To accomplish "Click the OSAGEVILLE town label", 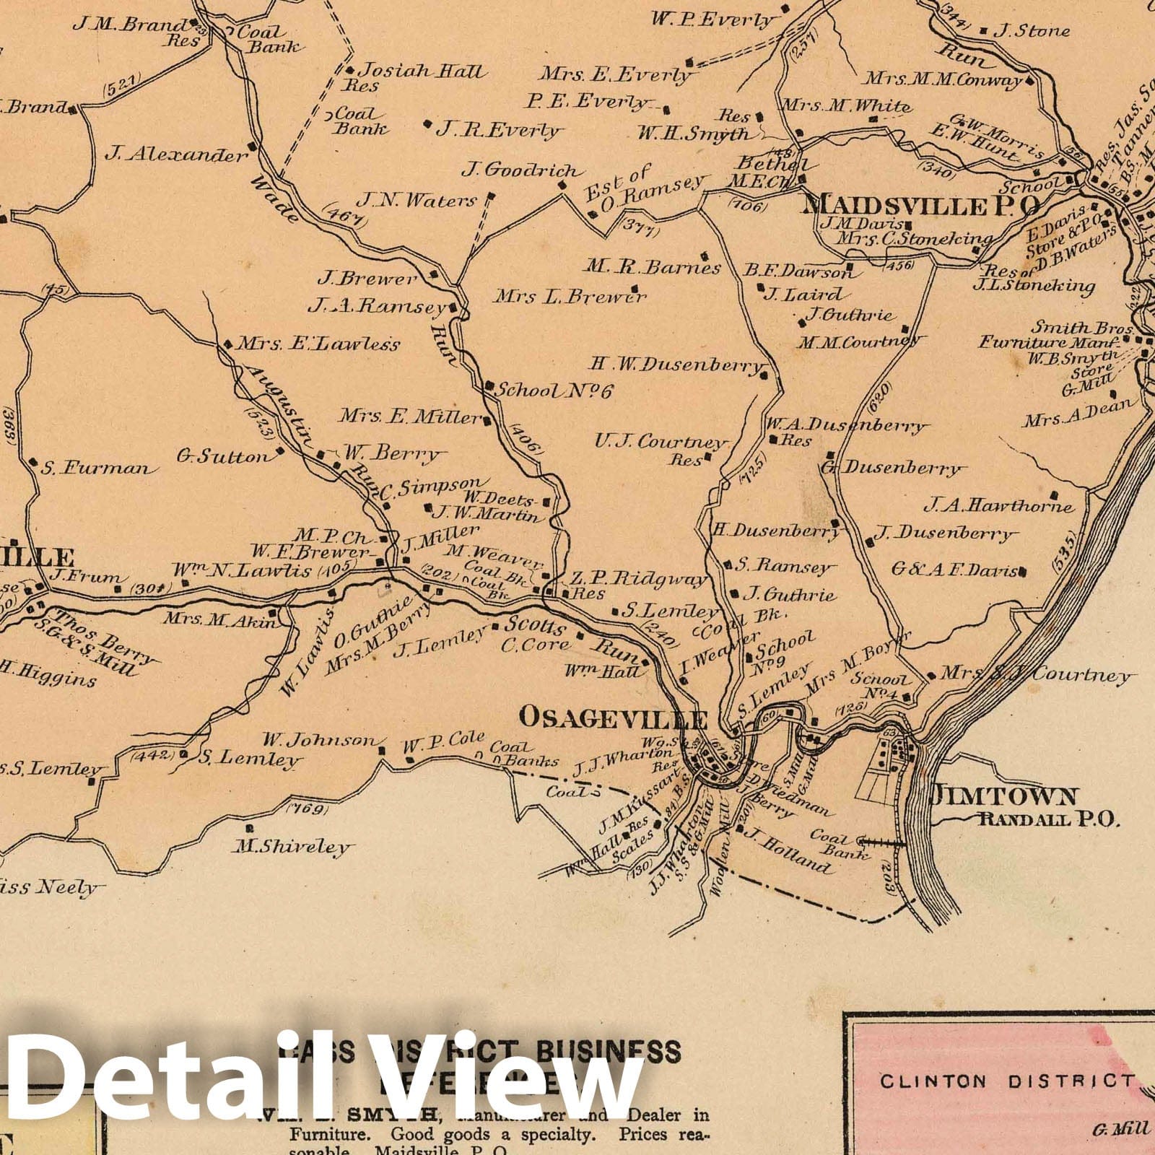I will tap(613, 718).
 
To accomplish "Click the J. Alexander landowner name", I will tap(175, 154).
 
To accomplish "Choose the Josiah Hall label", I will tap(422, 71).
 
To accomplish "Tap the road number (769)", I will tap(307, 808).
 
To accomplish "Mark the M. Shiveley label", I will tap(292, 846).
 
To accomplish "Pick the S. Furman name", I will tap(96, 468).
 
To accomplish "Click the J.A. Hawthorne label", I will tap(999, 505).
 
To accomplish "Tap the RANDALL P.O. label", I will tap(1048, 819).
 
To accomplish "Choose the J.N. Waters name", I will tap(417, 200).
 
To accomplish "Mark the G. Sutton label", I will tap(222, 457).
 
